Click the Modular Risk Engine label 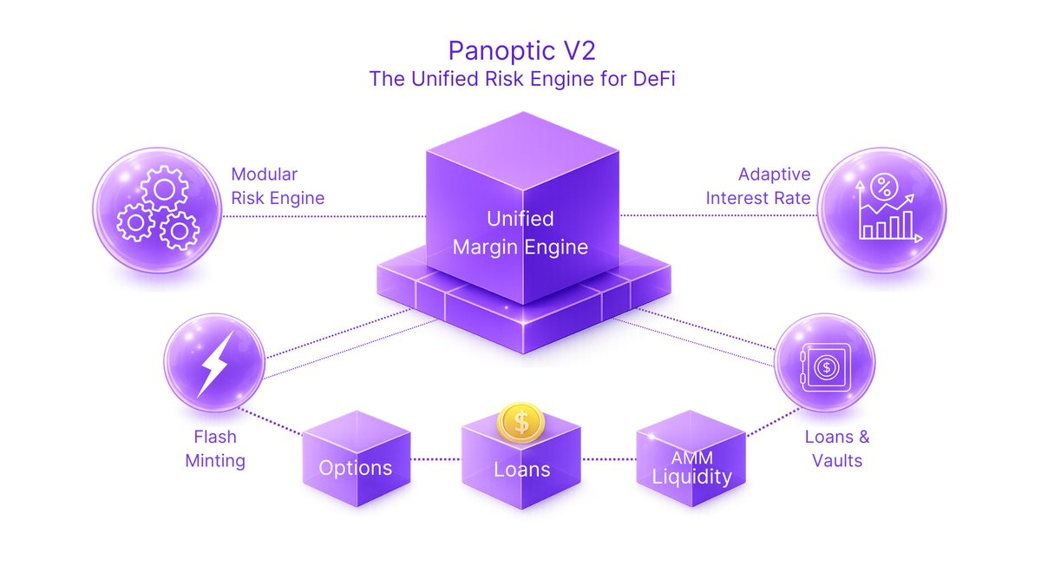[x=278, y=186]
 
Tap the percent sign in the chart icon [x=884, y=185]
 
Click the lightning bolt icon [x=213, y=363]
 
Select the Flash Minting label [x=215, y=448]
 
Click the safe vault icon [x=825, y=368]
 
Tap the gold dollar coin [x=520, y=423]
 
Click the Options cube [x=355, y=460]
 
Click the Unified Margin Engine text [x=520, y=233]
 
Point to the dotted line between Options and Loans [x=435, y=458]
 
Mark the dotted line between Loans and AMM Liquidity [x=608, y=458]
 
